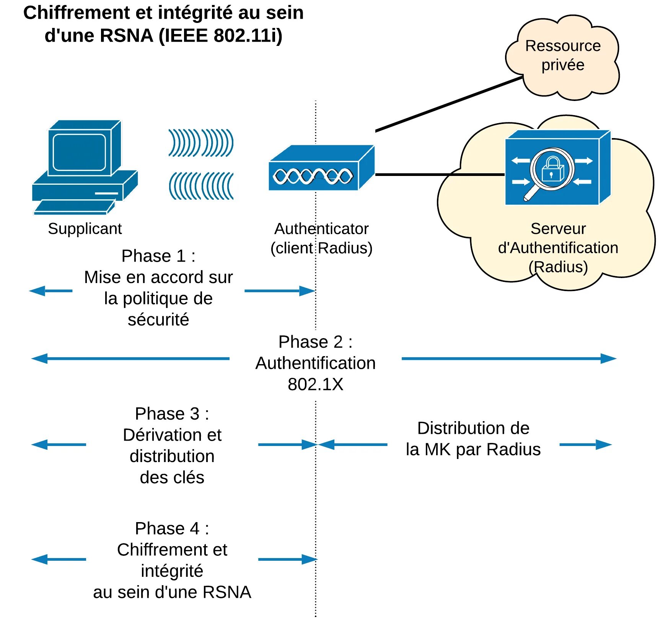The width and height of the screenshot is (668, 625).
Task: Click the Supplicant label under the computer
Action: coord(85,229)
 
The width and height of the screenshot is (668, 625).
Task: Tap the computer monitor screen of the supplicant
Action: coord(79,152)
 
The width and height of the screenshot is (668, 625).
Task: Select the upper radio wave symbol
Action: coord(201,143)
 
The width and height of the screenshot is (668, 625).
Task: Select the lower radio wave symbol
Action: coord(201,186)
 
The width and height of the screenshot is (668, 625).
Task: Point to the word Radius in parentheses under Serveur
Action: coord(558,267)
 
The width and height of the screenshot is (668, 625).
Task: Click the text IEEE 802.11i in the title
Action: coord(221,36)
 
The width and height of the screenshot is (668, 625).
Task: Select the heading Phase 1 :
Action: coord(158,256)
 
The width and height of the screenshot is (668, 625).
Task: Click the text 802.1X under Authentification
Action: coord(315,384)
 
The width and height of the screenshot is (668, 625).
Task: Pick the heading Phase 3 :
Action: coord(172,414)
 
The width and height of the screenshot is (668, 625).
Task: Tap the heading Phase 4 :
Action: coord(172,529)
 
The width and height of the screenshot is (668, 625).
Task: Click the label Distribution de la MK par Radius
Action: coord(473,438)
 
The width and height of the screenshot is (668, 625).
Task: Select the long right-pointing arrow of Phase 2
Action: coord(509,358)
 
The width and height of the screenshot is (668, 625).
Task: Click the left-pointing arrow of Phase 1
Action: coord(51,291)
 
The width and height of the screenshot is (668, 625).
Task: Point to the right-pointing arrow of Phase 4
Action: coord(287,559)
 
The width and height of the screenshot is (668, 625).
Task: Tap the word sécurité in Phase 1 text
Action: coord(158,320)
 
